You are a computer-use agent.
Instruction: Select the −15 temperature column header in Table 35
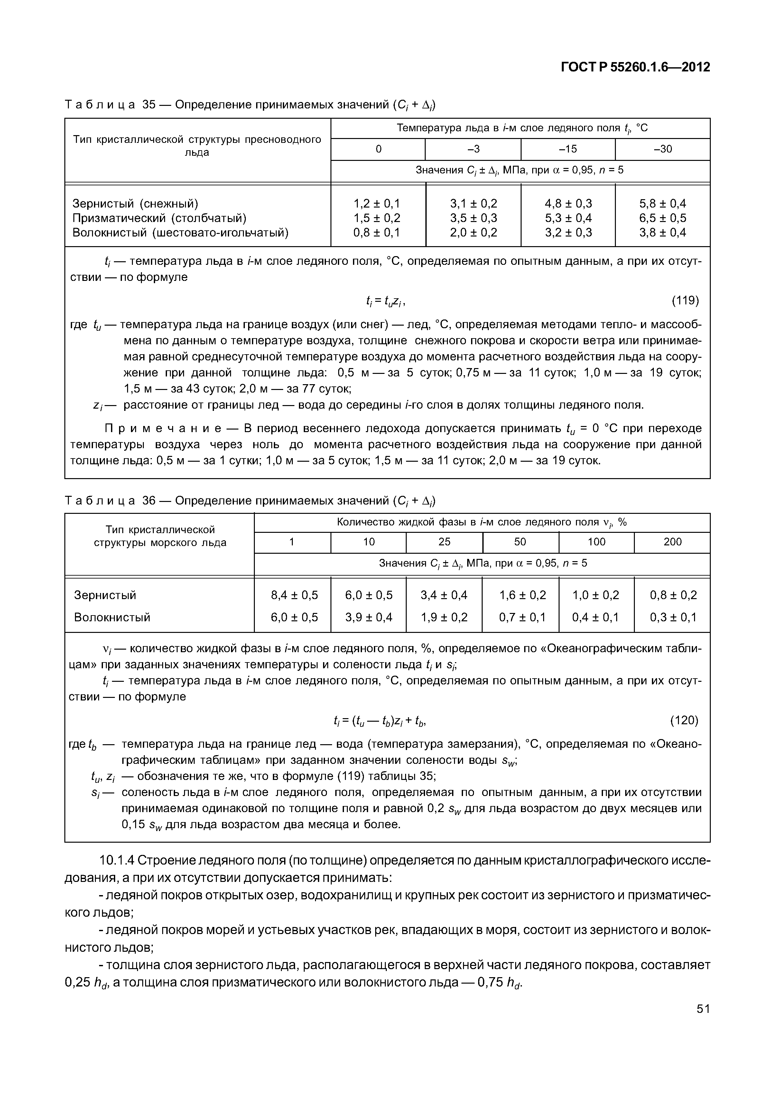point(568,149)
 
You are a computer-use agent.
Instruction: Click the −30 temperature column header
point(663,149)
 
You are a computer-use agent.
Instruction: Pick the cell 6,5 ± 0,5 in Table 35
point(663,218)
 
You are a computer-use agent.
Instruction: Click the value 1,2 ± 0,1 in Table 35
point(377,203)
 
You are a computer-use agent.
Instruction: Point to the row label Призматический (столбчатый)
point(159,218)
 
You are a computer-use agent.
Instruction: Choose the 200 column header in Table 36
point(672,542)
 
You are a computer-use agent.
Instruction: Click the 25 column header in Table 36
point(444,542)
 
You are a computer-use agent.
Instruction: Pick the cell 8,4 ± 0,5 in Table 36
point(294,595)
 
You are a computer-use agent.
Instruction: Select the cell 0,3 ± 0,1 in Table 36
point(673,617)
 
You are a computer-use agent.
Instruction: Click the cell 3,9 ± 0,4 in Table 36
point(369,617)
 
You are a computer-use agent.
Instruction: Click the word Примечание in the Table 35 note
point(163,428)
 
